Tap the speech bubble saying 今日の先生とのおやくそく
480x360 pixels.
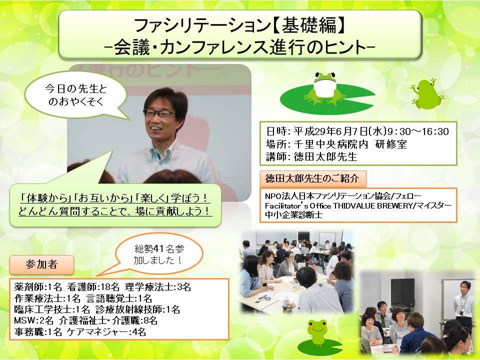pyautogui.click(x=75, y=95)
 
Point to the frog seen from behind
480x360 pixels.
pyautogui.click(x=427, y=93)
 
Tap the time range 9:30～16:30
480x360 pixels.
pyautogui.click(x=418, y=131)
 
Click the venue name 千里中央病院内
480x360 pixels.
pyautogui.click(x=331, y=144)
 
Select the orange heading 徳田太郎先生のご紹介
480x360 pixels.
pyautogui.click(x=312, y=178)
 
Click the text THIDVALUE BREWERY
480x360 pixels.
pyautogui.click(x=372, y=205)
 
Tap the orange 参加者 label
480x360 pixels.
pyautogui.click(x=41, y=264)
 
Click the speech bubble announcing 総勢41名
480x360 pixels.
pyautogui.click(x=158, y=254)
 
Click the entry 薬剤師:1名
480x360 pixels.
pyautogui.click(x=38, y=287)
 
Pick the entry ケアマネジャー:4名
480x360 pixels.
pyautogui.click(x=106, y=331)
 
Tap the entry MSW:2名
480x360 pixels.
pyautogui.click(x=33, y=320)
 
